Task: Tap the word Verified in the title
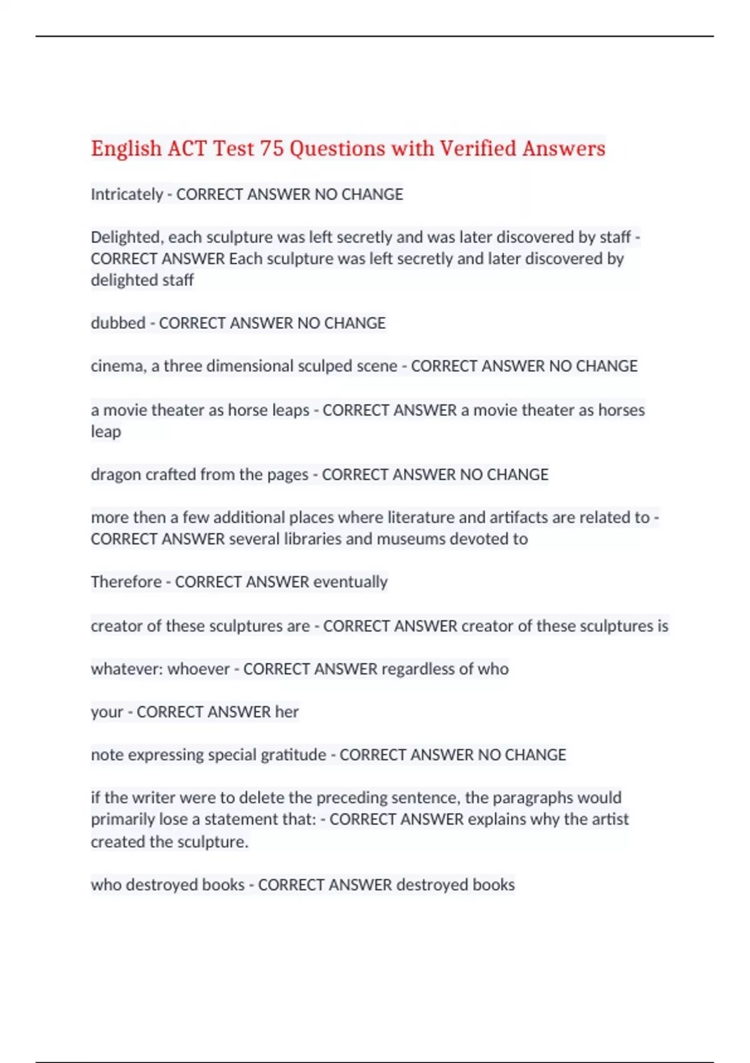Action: (478, 149)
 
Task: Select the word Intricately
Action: (126, 194)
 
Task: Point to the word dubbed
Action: (117, 323)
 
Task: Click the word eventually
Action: (350, 582)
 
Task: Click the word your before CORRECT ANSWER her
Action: (107, 712)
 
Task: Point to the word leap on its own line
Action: (106, 432)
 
